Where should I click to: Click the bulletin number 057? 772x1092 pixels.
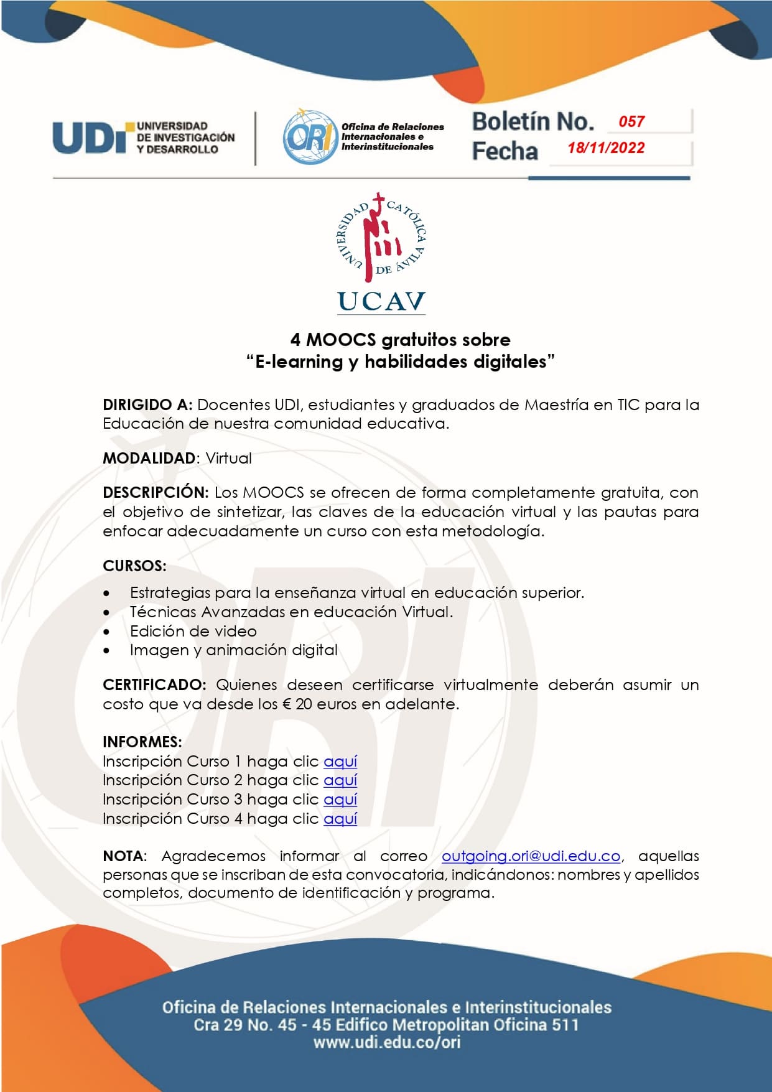(631, 121)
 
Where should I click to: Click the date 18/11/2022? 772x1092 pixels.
(606, 148)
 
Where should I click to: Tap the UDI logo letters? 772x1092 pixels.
(92, 137)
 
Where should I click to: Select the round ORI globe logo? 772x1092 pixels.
(309, 137)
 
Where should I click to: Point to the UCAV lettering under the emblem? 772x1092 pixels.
(381, 302)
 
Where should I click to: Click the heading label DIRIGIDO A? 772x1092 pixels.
(147, 405)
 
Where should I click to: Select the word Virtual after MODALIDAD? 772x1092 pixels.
(228, 459)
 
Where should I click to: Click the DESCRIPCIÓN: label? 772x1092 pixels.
(156, 493)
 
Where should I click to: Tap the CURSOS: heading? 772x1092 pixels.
(134, 566)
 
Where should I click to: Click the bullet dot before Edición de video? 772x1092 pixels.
(108, 632)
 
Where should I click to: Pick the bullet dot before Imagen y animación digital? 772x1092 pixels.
(108, 651)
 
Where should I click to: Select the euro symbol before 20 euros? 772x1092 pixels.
(287, 704)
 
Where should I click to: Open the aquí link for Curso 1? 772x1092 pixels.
(340, 762)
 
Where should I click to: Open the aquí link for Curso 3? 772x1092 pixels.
(340, 800)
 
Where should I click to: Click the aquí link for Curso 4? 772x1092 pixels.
(340, 819)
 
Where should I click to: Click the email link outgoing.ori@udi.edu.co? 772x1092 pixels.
(531, 856)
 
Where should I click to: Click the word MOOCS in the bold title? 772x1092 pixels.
(341, 340)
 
